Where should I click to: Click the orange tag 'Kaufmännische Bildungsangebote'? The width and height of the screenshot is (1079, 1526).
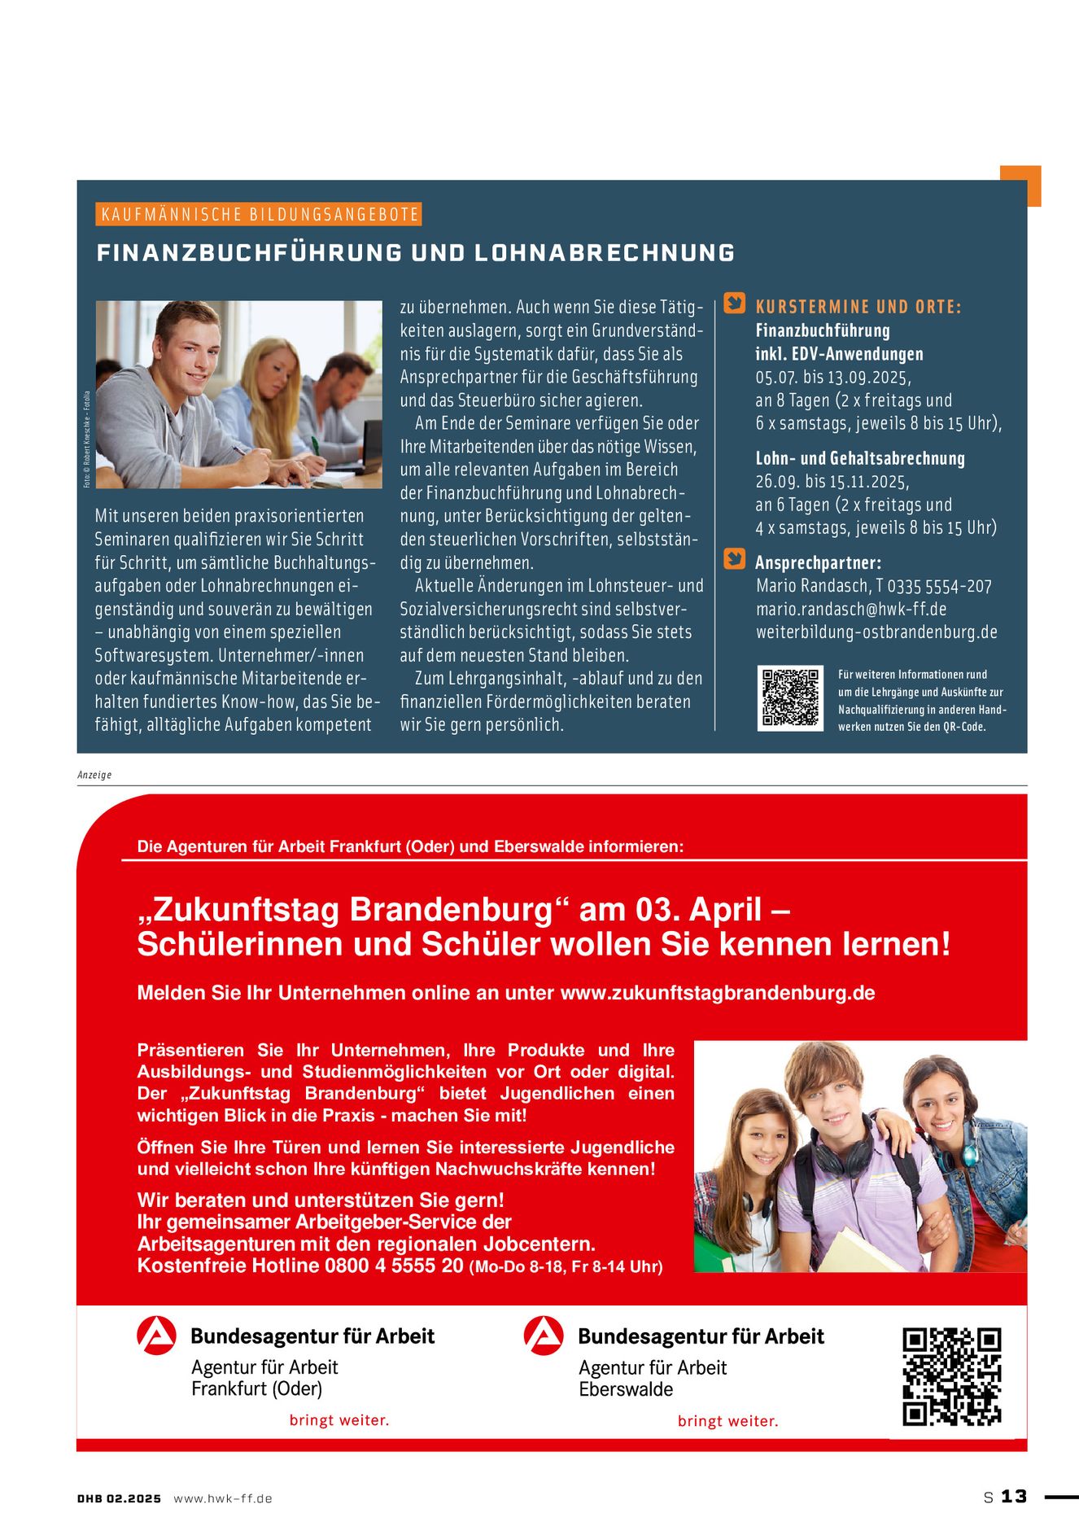[260, 215]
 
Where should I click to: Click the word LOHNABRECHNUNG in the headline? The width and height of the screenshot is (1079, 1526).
[604, 253]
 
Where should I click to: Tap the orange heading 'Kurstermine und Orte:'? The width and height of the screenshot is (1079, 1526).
[858, 307]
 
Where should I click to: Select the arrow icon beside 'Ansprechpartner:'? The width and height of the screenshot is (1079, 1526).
[735, 559]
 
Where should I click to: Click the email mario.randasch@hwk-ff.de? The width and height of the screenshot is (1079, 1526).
[850, 609]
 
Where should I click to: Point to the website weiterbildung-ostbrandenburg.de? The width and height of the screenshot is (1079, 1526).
[876, 632]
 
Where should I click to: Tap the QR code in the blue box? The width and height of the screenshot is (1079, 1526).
[789, 697]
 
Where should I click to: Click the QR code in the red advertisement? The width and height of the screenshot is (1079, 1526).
[951, 1376]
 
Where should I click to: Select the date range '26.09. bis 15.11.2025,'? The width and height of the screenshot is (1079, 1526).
[832, 481]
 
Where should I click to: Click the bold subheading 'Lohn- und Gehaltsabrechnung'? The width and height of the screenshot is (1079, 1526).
[860, 458]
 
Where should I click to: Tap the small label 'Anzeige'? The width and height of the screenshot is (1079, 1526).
[94, 775]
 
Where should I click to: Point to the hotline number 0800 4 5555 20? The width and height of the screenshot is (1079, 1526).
[394, 1266]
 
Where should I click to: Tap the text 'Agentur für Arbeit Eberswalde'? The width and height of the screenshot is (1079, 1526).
[652, 1378]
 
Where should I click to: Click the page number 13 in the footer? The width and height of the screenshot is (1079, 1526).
[1014, 1497]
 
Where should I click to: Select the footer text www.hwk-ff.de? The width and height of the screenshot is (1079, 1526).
[223, 1498]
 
